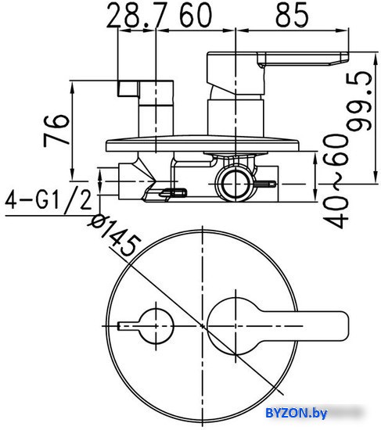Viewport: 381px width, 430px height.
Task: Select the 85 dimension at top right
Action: coord(292,15)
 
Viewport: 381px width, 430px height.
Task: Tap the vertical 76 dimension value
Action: coord(56,131)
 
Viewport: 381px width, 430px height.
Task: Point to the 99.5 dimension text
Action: coord(359,101)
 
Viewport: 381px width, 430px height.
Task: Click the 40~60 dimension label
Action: coord(336,181)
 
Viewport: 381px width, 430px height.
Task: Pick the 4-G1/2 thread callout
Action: coord(49,200)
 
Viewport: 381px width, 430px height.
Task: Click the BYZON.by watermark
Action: coord(297,413)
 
